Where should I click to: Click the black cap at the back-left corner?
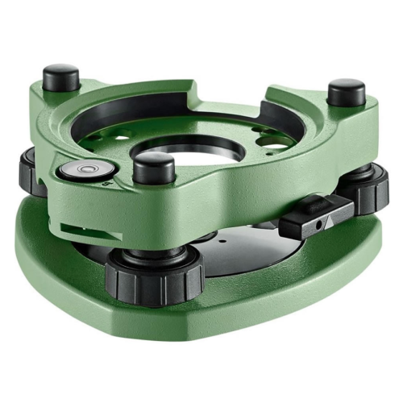[60, 78]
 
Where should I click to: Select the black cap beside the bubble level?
[153, 168]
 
